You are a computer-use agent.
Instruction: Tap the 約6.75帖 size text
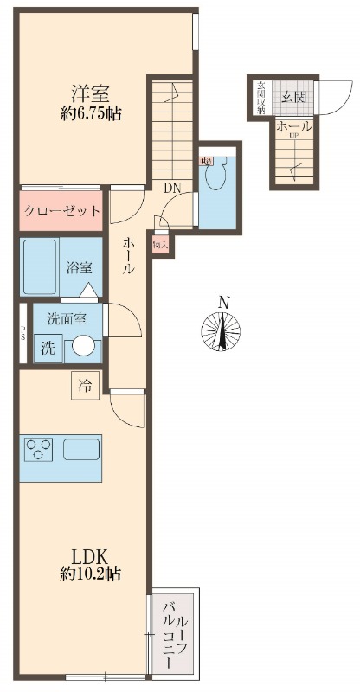[90, 114]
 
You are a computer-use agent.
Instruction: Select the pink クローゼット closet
[61, 211]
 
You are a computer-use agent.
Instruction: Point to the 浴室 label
[80, 267]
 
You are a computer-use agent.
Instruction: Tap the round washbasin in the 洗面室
[83, 347]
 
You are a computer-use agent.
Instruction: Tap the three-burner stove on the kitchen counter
[39, 450]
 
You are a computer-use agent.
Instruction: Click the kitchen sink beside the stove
[80, 450]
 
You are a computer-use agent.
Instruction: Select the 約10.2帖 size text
[90, 573]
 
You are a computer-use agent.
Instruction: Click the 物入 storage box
[161, 245]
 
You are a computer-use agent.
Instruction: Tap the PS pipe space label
[22, 334]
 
